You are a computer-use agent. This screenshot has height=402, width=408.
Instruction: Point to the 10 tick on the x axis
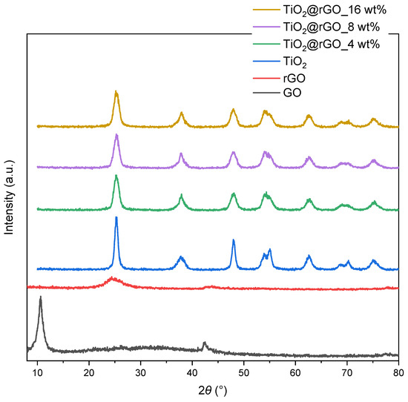click(x=38, y=372)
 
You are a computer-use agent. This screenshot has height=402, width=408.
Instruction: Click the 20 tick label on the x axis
click(x=89, y=372)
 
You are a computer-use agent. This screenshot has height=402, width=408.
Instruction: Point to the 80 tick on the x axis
click(x=398, y=372)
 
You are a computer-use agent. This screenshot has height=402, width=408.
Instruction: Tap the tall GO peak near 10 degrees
click(x=40, y=298)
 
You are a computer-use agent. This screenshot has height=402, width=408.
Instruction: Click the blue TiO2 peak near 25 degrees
click(x=116, y=219)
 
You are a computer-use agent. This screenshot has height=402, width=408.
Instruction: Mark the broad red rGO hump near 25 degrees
click(x=111, y=280)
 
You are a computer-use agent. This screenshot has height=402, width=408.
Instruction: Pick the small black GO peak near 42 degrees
click(x=205, y=343)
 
